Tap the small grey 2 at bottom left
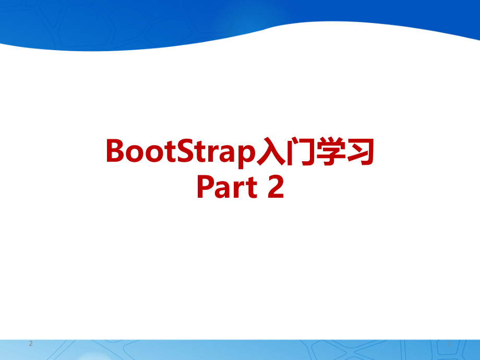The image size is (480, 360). click(x=31, y=344)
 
